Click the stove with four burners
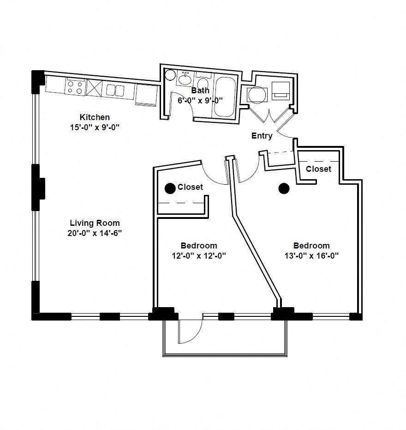pyautogui.click(x=75, y=86)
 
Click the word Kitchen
pyautogui.click(x=95, y=117)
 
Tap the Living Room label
pyautogui.click(x=95, y=223)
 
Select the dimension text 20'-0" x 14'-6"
pyautogui.click(x=95, y=233)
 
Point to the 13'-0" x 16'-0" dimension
pyautogui.click(x=311, y=256)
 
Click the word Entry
pyautogui.click(x=262, y=136)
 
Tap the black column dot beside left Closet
pyautogui.click(x=170, y=188)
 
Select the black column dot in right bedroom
pyautogui.click(x=284, y=188)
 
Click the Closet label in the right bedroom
pyautogui.click(x=318, y=169)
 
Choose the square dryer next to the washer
pyautogui.click(x=281, y=91)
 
